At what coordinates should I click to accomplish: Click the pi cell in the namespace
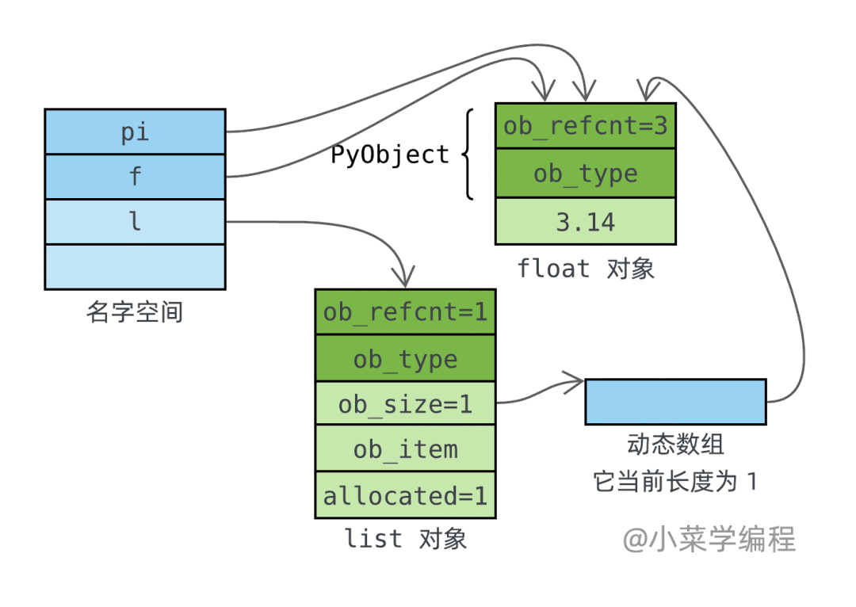coord(135,132)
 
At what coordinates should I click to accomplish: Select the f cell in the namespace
coord(135,177)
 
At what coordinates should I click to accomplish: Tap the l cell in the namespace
coord(135,222)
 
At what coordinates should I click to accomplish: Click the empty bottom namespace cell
coord(135,267)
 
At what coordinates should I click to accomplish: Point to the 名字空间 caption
coord(134,312)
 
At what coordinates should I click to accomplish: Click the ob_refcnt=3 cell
coord(585,125)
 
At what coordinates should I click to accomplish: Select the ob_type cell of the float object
coord(585,173)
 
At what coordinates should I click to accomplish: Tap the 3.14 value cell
coord(585,221)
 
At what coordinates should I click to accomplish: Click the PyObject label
coord(390,155)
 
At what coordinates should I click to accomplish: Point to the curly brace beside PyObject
coord(468,155)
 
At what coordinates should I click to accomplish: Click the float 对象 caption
coord(585,269)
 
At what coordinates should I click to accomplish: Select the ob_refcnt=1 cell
coord(405,311)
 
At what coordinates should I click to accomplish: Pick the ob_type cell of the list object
coord(405,358)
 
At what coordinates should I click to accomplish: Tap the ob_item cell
coord(405,449)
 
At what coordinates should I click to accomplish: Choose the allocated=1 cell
coord(405,495)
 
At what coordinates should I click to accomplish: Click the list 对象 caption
coord(405,539)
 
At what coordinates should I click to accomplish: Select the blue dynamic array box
coord(675,402)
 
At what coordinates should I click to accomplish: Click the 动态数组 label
coord(675,445)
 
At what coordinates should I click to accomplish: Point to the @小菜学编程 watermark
coord(709,539)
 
